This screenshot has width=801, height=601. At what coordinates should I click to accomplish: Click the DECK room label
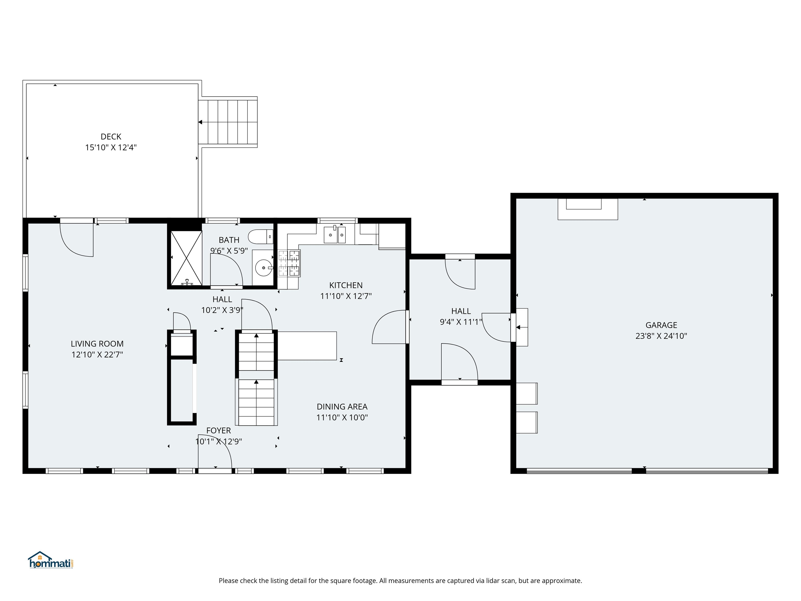[x=111, y=137]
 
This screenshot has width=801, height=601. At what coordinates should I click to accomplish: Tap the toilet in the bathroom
[x=259, y=237]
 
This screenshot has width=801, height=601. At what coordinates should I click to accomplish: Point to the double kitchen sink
[x=335, y=235]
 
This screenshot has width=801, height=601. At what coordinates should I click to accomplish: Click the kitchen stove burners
[x=289, y=263]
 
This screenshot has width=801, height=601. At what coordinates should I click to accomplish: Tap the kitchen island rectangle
[x=307, y=346]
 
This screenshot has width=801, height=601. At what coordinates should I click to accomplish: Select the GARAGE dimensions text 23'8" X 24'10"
[x=661, y=336]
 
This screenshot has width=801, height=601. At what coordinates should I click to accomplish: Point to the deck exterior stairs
[x=228, y=122]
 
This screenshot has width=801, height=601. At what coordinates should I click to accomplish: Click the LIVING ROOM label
[x=97, y=344]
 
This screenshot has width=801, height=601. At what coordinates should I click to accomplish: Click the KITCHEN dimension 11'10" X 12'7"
[x=346, y=296]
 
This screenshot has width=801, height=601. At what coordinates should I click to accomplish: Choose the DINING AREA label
[x=342, y=406]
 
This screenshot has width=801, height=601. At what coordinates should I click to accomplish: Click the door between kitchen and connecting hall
[x=389, y=327]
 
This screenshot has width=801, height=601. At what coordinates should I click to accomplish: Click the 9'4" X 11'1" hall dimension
[x=461, y=322]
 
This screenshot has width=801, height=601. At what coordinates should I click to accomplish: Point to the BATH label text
[x=229, y=240]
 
